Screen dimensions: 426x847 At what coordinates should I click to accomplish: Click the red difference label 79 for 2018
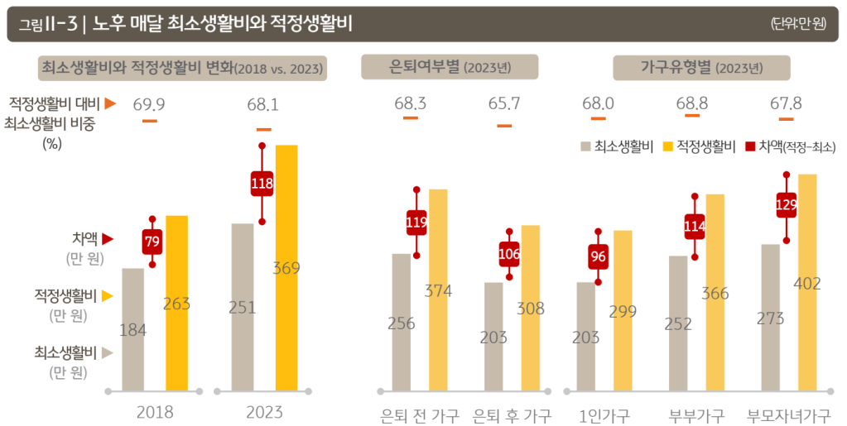tap(152, 242)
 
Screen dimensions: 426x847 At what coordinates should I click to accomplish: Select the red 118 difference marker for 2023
tap(262, 184)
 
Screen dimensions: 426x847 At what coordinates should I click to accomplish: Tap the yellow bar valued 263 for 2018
tap(176, 302)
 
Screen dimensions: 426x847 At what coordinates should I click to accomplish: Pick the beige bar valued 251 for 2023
tap(242, 306)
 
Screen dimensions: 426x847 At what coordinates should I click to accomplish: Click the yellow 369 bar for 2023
tap(286, 267)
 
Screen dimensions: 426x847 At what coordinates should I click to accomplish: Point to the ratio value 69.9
tap(149, 104)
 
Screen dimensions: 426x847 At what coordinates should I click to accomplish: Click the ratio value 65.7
tap(504, 104)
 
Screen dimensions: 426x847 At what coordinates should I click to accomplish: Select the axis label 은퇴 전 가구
tap(419, 414)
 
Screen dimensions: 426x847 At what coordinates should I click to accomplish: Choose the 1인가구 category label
tap(604, 414)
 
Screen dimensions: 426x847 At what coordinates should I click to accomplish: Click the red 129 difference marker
tap(787, 203)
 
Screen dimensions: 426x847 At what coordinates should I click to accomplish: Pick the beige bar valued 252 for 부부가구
tap(678, 323)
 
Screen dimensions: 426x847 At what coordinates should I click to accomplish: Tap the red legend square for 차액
tap(750, 147)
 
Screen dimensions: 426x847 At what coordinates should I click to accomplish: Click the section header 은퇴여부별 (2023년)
tap(450, 67)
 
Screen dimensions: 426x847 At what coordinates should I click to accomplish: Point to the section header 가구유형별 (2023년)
tap(702, 67)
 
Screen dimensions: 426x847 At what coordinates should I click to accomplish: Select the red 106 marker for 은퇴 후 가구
tap(510, 254)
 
